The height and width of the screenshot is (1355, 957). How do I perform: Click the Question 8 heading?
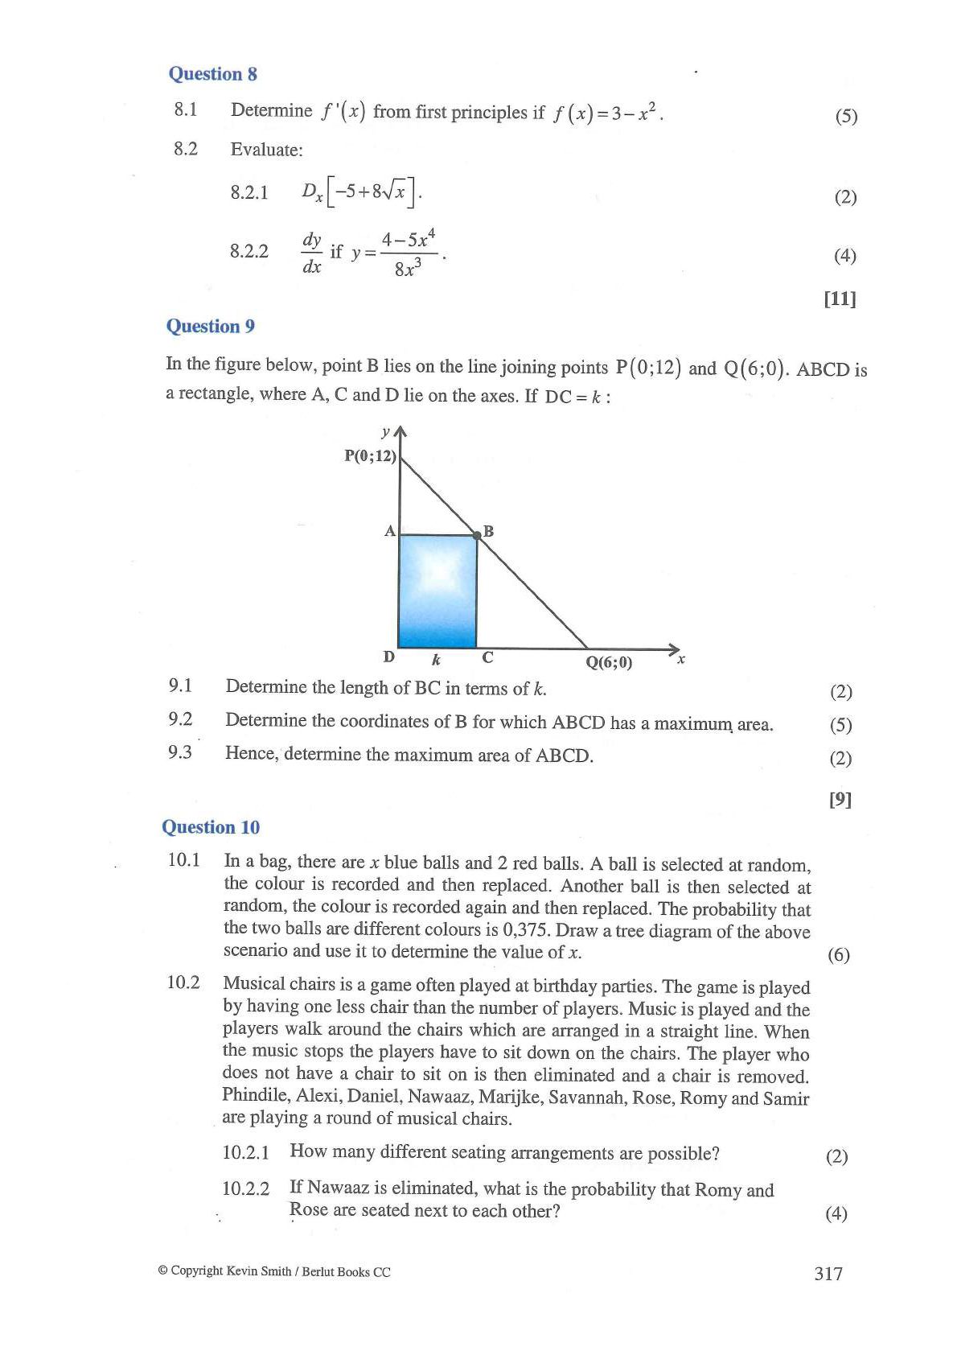[x=212, y=74]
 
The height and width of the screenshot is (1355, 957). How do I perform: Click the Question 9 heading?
[x=210, y=326]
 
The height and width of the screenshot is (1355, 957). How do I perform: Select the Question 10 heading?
[x=211, y=827]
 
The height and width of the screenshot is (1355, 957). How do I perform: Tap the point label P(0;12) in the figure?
[x=370, y=456]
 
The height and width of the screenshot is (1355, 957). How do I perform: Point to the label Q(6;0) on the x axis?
[x=609, y=663]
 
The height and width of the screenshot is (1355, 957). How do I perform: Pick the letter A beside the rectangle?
[x=390, y=531]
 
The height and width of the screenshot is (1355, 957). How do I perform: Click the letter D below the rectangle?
[x=389, y=657]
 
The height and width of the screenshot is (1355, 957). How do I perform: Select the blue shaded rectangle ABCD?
[x=438, y=591]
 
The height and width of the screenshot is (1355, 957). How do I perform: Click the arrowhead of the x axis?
[x=674, y=649]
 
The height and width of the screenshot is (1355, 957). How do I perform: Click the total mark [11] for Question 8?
[x=840, y=299]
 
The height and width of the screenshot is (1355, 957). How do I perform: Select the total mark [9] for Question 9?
[x=840, y=799]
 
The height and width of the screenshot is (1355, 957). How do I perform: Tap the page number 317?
[x=828, y=1273]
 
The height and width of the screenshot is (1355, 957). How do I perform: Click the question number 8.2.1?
[x=249, y=192]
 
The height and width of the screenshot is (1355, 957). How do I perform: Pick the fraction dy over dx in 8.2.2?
[x=312, y=253]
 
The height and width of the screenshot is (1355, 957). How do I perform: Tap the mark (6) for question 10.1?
[x=838, y=955]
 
